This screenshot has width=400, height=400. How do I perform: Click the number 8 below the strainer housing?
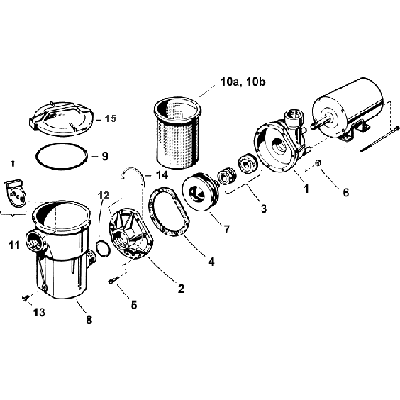[x=88, y=320]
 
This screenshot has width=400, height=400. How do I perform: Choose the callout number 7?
[x=226, y=230]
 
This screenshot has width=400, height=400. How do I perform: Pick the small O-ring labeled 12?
[x=101, y=249]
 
